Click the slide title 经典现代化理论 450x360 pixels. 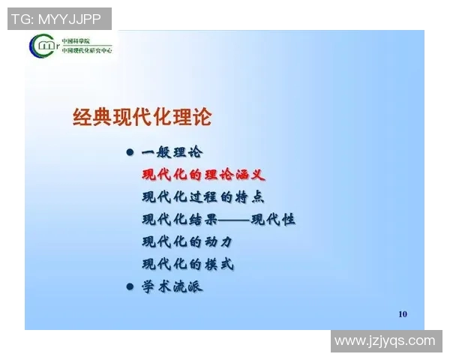(x=142, y=117)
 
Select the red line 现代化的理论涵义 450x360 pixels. (x=203, y=175)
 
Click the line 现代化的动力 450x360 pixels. (x=187, y=242)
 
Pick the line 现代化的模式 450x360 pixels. (x=187, y=265)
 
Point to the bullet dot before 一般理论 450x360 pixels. (x=129, y=152)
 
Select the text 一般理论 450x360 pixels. (x=172, y=152)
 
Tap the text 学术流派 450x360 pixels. (x=172, y=286)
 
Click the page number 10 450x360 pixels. (x=403, y=313)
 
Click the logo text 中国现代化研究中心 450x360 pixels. (x=85, y=50)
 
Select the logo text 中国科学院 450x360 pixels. (x=73, y=40)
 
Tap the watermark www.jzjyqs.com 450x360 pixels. (x=385, y=341)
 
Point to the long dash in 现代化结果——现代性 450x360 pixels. (x=233, y=220)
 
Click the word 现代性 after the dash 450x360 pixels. (x=273, y=220)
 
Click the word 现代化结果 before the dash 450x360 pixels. (x=179, y=220)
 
